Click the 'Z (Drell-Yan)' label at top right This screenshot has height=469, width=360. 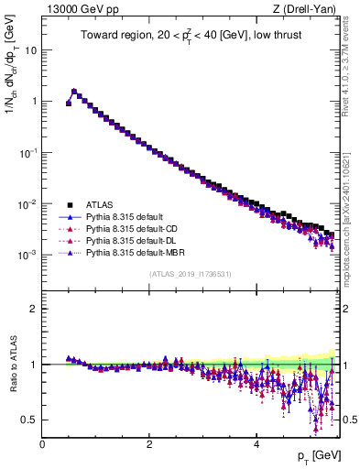tap(310, 9)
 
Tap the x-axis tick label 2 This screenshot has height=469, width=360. tap(149, 444)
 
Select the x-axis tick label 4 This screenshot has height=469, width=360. tap(256, 444)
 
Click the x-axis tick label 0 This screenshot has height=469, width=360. tap(42, 444)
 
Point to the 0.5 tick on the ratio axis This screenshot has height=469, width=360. tap(30, 420)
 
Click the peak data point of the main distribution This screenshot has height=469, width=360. tap(74, 92)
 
